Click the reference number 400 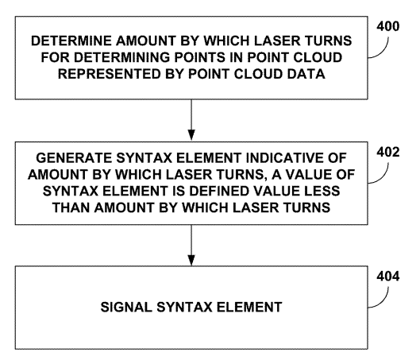pyautogui.click(x=388, y=26)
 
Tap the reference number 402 pyautogui.click(x=388, y=153)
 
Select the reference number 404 pyautogui.click(x=388, y=276)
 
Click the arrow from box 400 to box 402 pyautogui.click(x=191, y=120)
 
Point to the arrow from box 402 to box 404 pyautogui.click(x=191, y=245)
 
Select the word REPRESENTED pyautogui.click(x=110, y=74)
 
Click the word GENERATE pyautogui.click(x=74, y=158)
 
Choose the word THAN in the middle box pyautogui.click(x=71, y=207)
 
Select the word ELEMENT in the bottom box pyautogui.click(x=249, y=308)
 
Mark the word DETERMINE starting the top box pyautogui.click(x=71, y=41)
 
